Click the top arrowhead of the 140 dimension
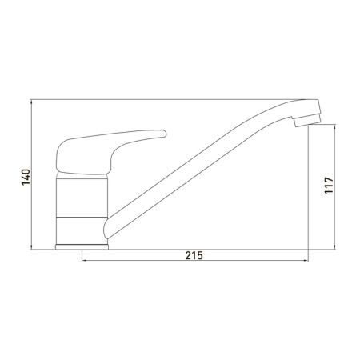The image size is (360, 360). (x=31, y=102)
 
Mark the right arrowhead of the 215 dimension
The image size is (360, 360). (x=309, y=261)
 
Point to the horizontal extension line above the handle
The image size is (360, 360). (x=160, y=99)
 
